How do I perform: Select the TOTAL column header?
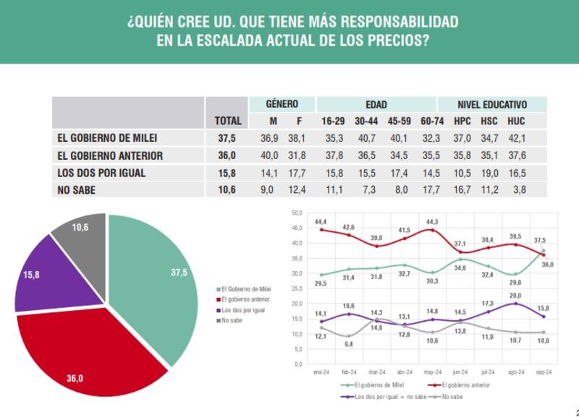(227, 121)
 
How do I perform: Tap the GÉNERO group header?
(282, 104)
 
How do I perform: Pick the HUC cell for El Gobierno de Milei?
(517, 137)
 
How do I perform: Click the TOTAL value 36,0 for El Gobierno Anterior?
(227, 155)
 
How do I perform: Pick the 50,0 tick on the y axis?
(295, 213)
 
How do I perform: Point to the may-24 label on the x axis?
(432, 371)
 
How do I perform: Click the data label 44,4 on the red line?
(321, 221)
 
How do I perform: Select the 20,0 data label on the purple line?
(516, 296)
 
